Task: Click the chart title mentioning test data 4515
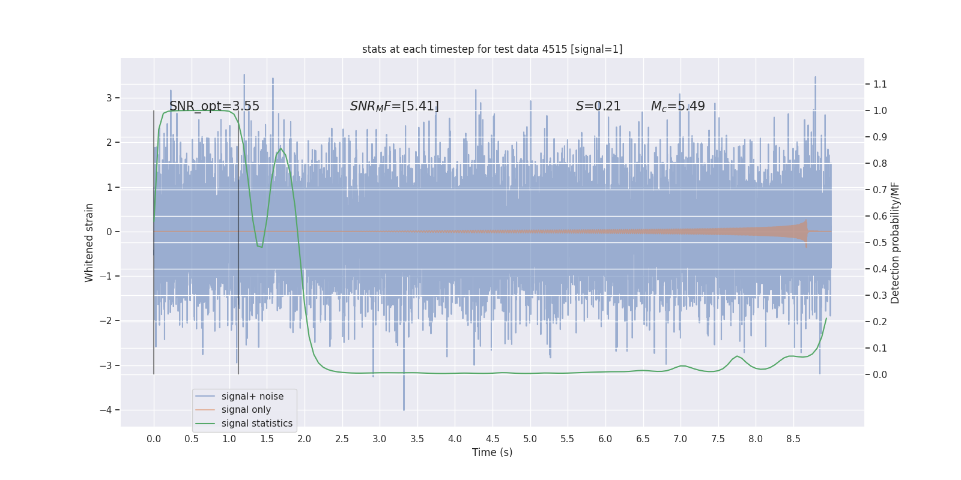492,49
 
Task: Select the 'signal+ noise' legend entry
252,397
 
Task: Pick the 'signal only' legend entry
246,410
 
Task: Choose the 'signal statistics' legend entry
256,424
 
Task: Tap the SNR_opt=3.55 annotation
214,106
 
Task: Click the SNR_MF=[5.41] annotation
395,106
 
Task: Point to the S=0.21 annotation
598,106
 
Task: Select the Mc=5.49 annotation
678,106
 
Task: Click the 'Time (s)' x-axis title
492,452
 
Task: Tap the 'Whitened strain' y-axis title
89,242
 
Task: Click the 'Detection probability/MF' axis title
895,242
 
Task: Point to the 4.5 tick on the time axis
493,439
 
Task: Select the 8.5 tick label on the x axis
793,439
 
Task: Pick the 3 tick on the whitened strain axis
109,98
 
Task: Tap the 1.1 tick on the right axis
879,84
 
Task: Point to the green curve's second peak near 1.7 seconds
280,149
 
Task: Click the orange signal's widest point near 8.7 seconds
805,232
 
